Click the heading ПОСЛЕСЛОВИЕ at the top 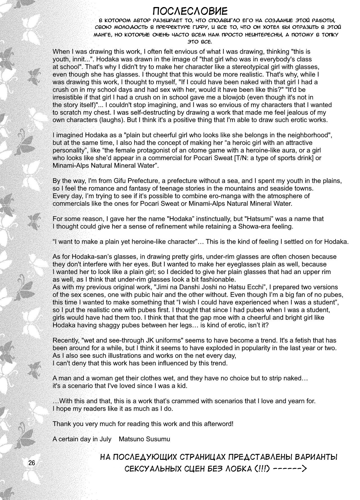tap(190, 11)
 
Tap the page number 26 tap(31, 463)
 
